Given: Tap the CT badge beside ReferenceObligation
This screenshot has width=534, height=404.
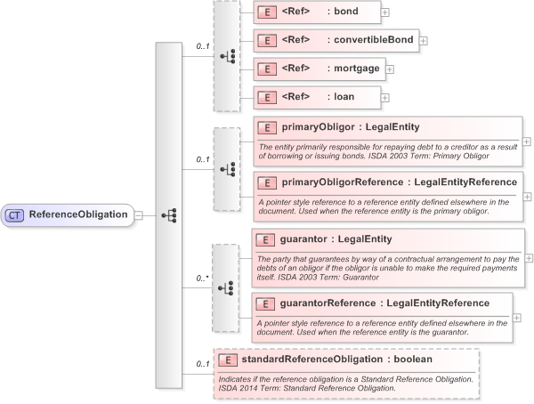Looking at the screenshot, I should click(x=15, y=214).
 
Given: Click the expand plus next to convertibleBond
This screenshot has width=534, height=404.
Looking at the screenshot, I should click(x=424, y=41).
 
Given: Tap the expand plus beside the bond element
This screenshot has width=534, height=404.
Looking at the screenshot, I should click(x=384, y=12).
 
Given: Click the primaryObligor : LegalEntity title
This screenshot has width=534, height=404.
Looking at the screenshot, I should click(x=337, y=127).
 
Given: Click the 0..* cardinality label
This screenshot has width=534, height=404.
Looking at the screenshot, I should click(x=202, y=279).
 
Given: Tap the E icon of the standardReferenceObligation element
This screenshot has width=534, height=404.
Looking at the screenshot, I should click(x=229, y=360).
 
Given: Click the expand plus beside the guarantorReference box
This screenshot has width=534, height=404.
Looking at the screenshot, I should click(x=517, y=317).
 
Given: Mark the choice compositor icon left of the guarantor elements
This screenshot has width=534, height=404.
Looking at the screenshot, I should click(x=226, y=288).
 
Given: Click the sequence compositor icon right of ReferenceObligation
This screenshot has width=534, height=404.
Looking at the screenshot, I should click(x=169, y=215).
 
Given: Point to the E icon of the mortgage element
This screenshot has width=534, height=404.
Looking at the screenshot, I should click(x=265, y=69).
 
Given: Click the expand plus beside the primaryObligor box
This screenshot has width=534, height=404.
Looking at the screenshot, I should click(x=527, y=141).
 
